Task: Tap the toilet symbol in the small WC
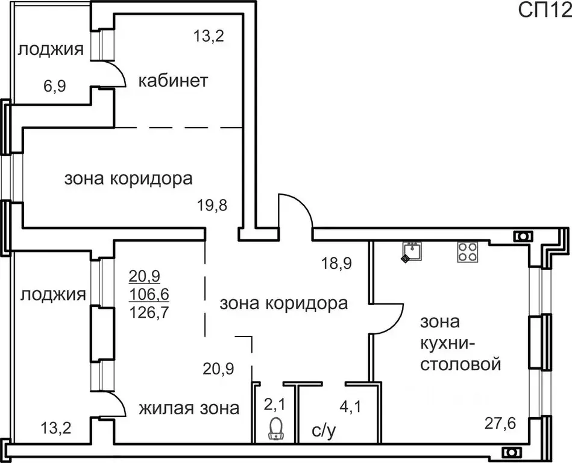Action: pyautogui.click(x=277, y=429)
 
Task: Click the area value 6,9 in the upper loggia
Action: pyautogui.click(x=54, y=86)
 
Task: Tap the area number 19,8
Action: pyautogui.click(x=213, y=206)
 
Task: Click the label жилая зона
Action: pyautogui.click(x=189, y=408)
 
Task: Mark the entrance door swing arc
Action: pyautogui.click(x=295, y=208)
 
